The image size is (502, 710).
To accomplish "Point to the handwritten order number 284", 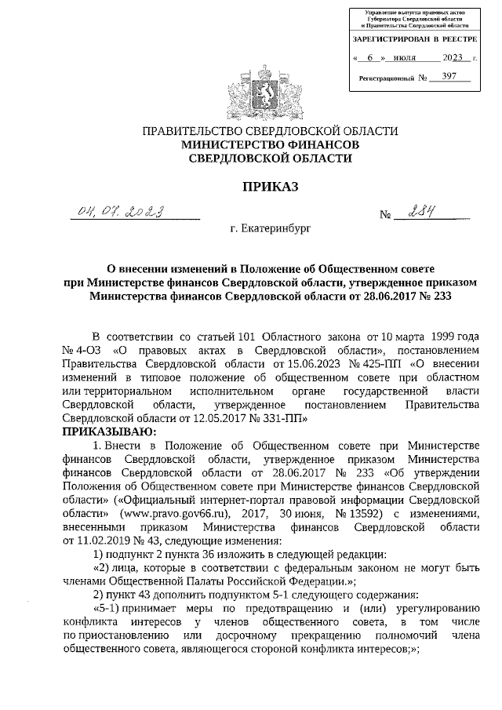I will [x=420, y=211].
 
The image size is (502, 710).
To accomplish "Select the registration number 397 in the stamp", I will [x=450, y=77].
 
